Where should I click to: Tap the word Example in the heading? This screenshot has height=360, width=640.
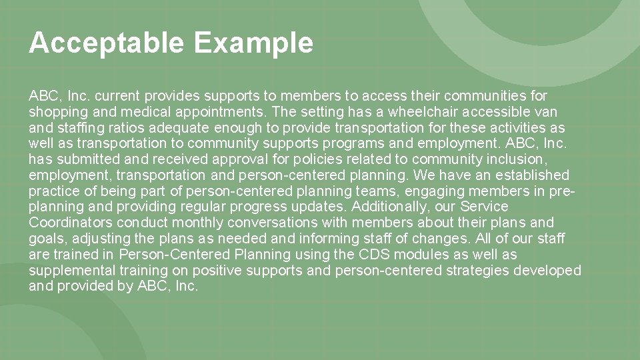(253, 43)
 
